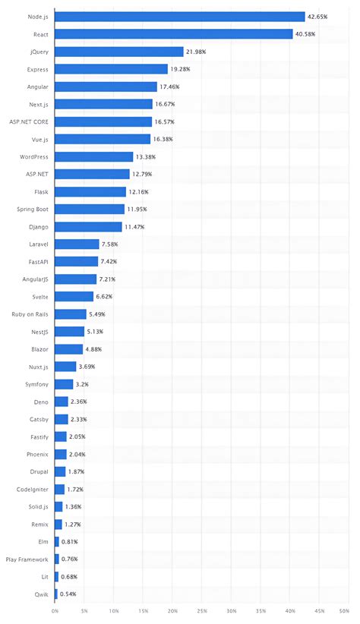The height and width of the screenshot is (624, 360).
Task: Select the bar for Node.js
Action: [180, 16]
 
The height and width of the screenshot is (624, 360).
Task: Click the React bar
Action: [174, 33]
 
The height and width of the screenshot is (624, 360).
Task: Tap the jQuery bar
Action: [119, 51]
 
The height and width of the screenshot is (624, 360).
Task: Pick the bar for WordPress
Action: [94, 156]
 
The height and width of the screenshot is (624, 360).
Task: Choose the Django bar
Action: [88, 226]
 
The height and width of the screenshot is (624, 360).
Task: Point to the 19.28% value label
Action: [180, 68]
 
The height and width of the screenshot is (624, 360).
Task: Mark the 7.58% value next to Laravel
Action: [111, 244]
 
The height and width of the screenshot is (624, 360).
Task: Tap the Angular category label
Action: [37, 87]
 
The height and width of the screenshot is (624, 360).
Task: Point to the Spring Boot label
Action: [33, 209]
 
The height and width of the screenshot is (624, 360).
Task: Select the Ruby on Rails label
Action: [30, 314]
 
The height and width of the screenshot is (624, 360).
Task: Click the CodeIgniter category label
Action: [33, 489]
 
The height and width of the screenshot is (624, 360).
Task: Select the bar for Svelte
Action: [74, 296]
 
